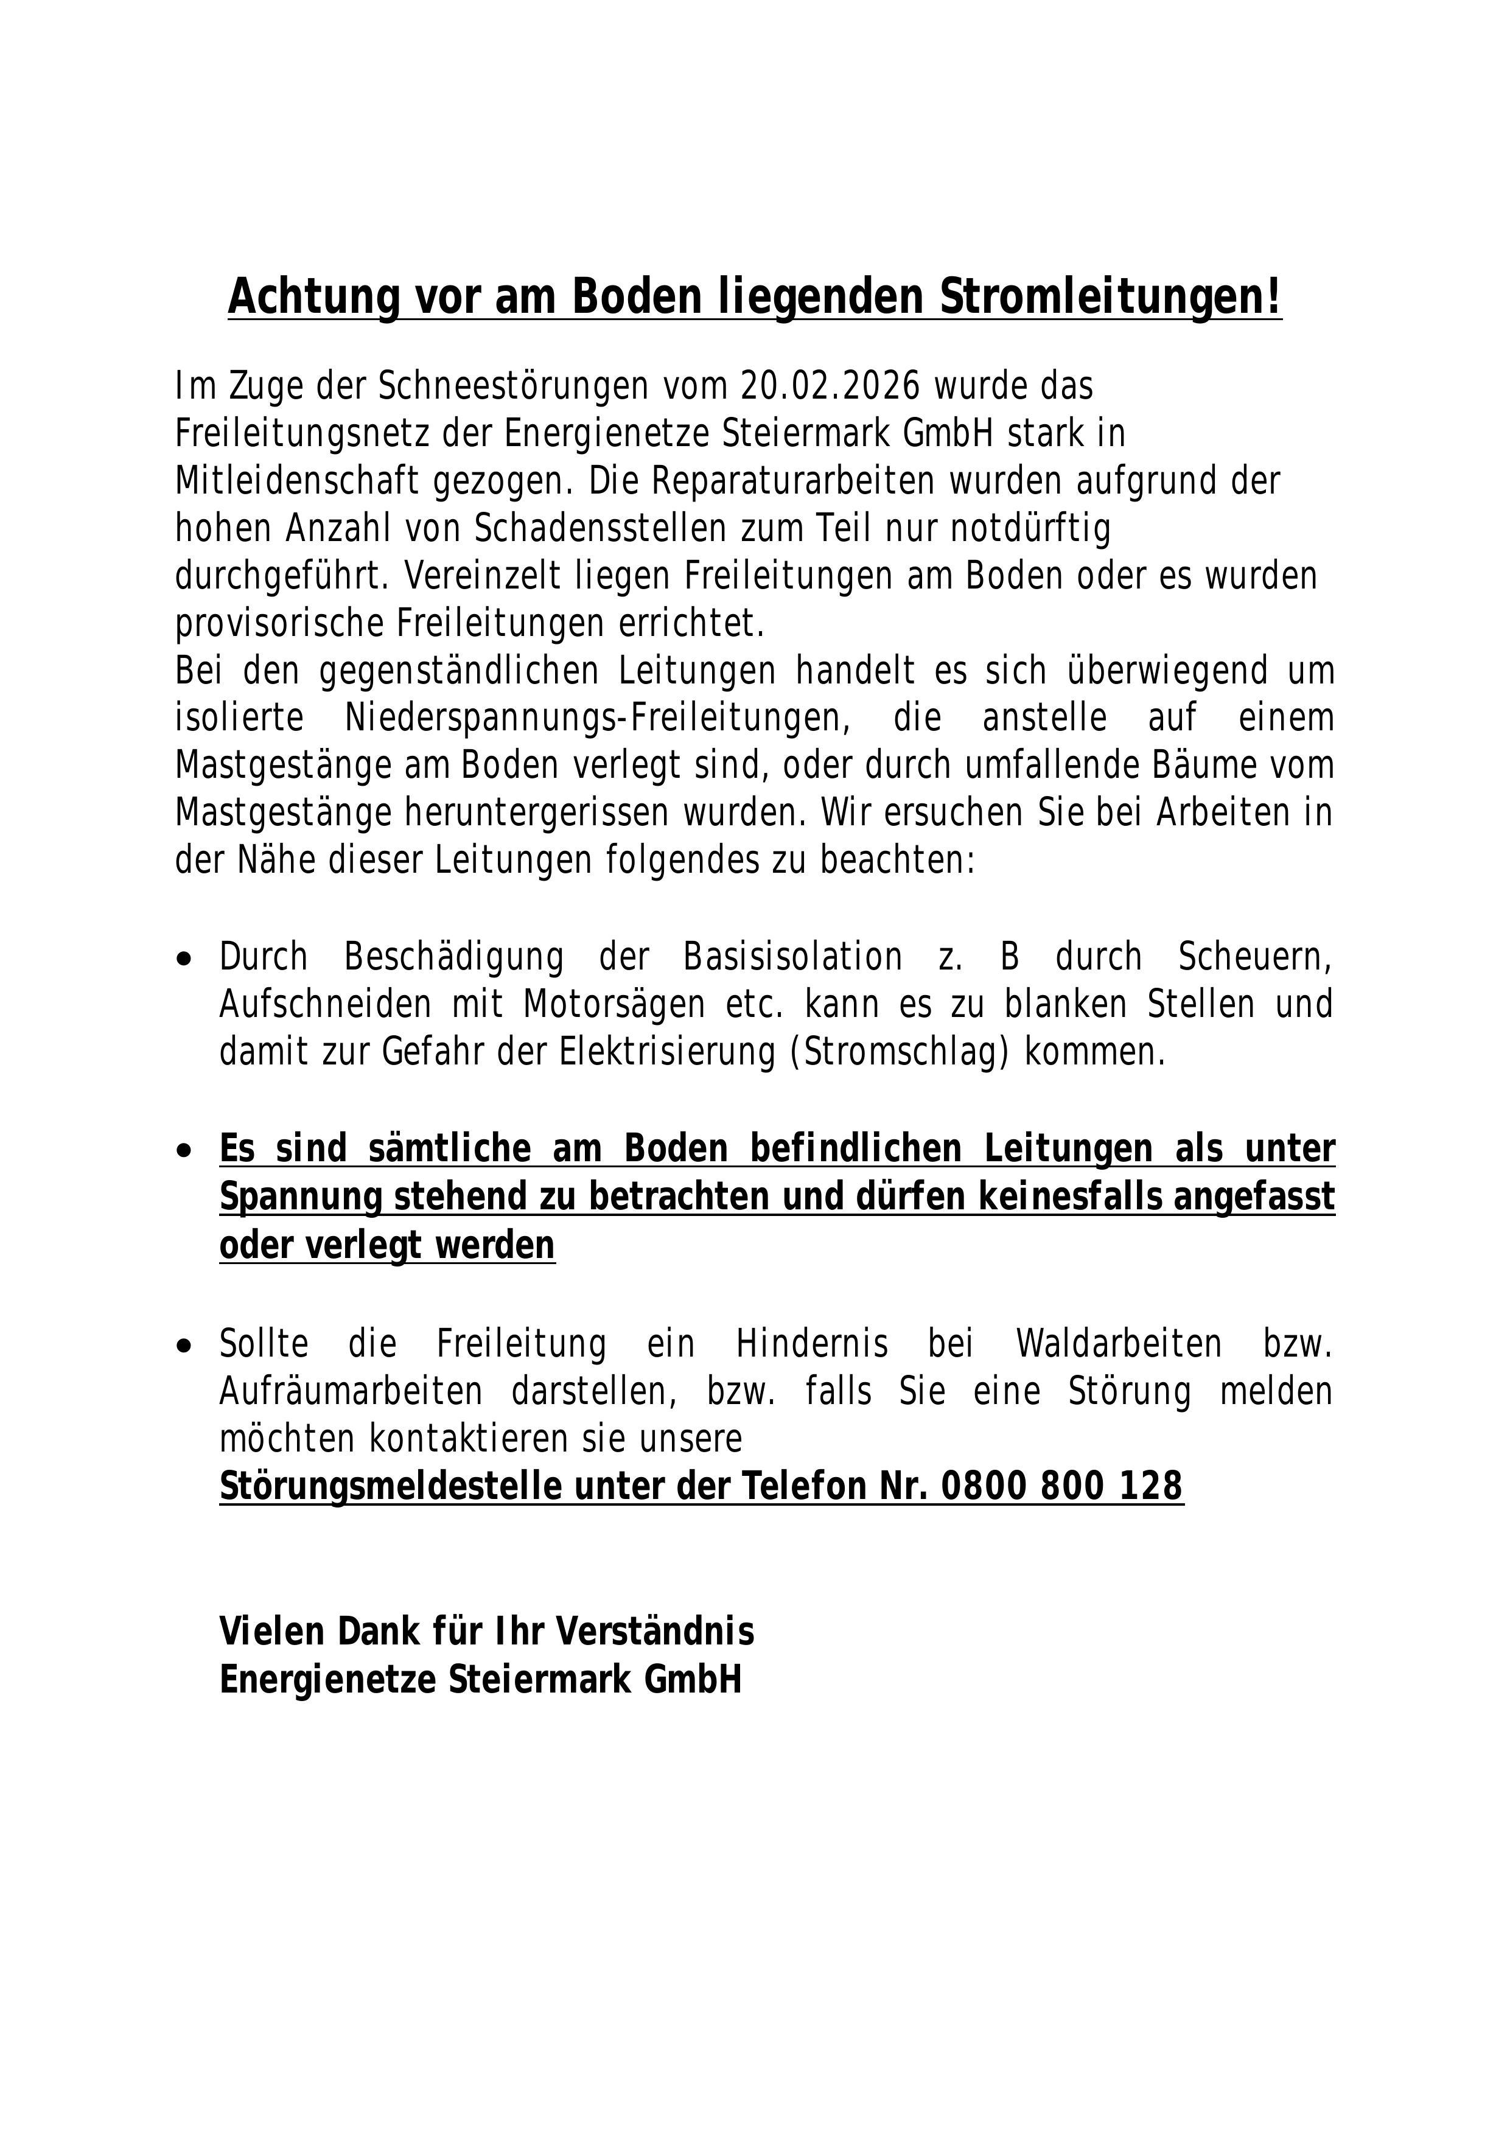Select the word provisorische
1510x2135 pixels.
(278, 624)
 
